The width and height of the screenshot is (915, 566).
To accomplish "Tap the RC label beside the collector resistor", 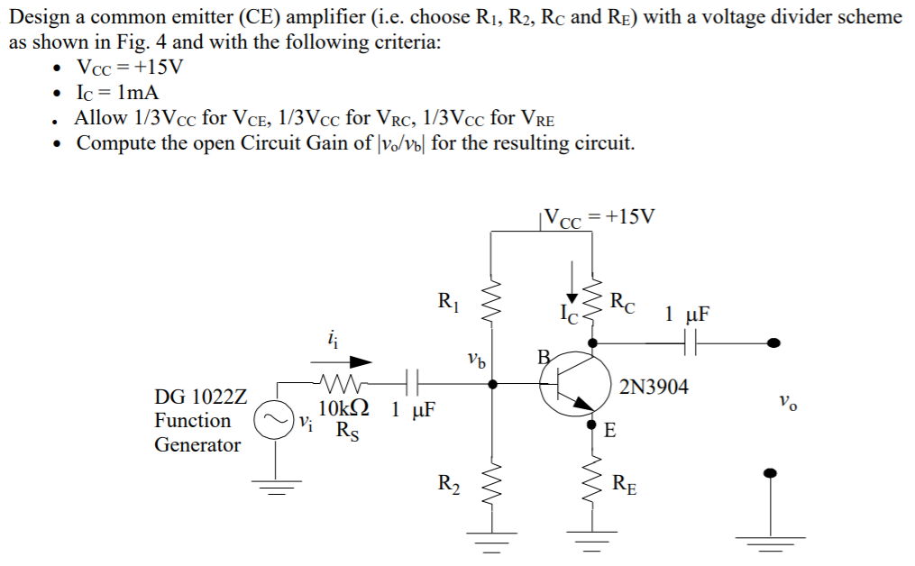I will pyautogui.click(x=622, y=303).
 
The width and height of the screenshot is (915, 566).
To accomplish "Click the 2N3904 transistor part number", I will pyautogui.click(x=654, y=387).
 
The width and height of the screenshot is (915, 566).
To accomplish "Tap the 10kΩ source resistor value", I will pyautogui.click(x=344, y=408).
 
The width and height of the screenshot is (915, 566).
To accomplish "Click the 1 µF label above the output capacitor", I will pyautogui.click(x=687, y=315).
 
